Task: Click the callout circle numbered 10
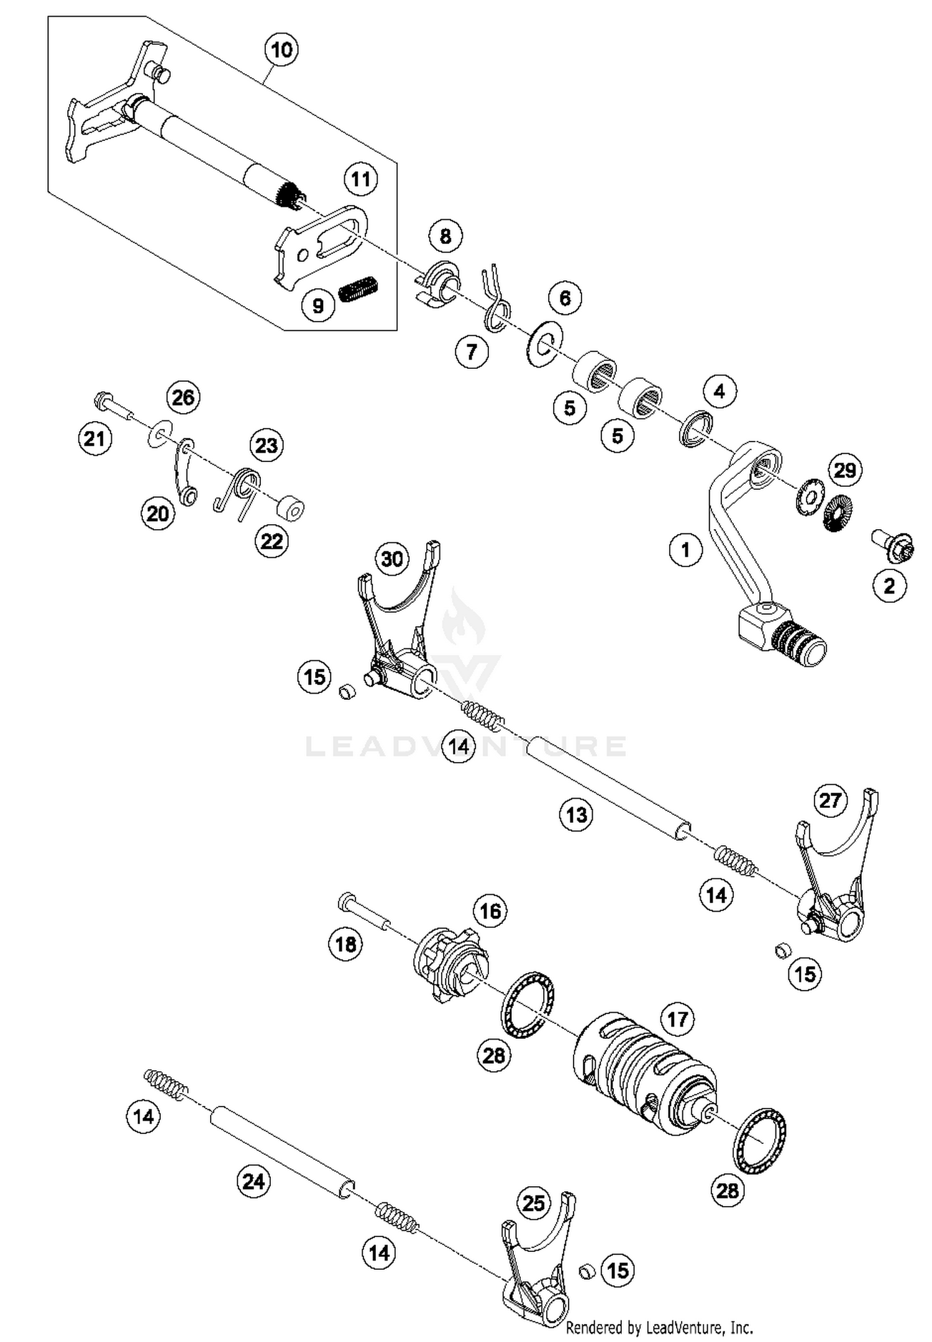coord(281,50)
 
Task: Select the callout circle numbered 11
coord(360,180)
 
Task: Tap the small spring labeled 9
coord(359,289)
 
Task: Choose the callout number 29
coord(845,470)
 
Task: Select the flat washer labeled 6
coord(543,344)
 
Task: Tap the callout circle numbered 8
coord(445,236)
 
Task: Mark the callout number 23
coord(267,445)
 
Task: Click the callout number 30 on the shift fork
coord(392,559)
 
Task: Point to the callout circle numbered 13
coord(577,814)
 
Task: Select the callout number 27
coord(830,801)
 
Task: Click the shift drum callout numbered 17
coord(677,1019)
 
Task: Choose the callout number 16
coord(490,911)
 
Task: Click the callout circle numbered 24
coord(254,1181)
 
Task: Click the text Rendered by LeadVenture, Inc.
coord(659,1328)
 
